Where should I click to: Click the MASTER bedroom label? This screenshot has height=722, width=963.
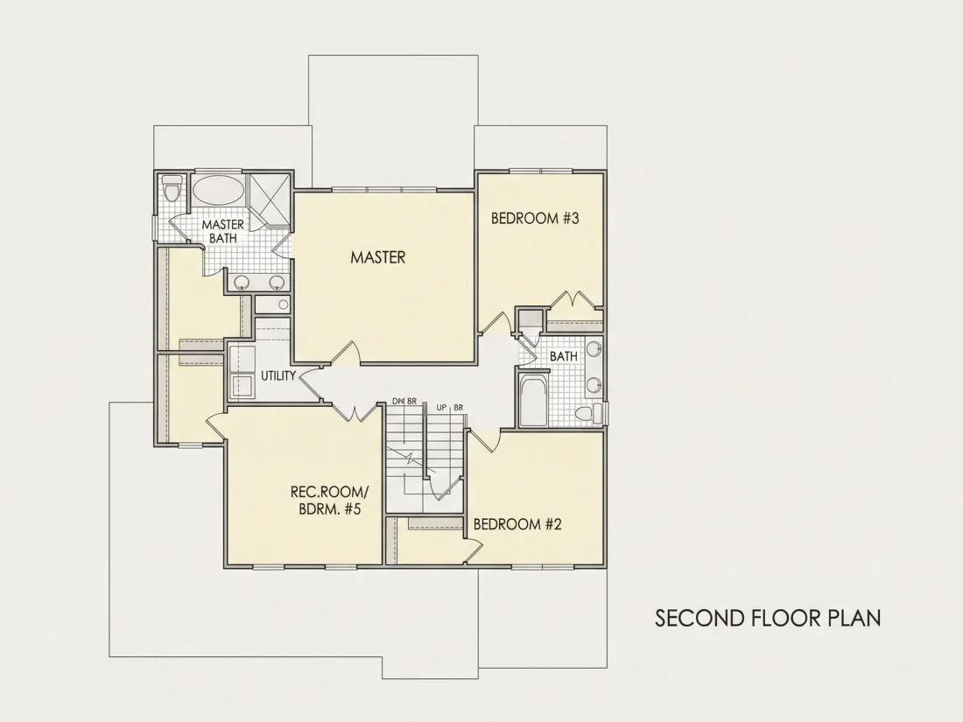[377, 256]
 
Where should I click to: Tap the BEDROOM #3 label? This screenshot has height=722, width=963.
[535, 218]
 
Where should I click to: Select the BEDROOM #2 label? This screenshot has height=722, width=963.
[517, 523]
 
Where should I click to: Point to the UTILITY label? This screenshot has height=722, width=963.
[278, 375]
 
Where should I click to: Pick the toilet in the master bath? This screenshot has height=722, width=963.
[172, 189]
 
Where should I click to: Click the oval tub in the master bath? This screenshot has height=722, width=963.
[218, 190]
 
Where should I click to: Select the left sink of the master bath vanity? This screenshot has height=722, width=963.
[242, 283]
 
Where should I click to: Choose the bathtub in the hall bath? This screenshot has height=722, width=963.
[531, 401]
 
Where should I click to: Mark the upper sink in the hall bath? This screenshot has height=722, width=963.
[593, 349]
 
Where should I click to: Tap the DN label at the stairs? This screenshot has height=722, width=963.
[398, 402]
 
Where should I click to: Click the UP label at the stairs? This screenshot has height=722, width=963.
[441, 408]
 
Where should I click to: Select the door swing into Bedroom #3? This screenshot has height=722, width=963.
[495, 324]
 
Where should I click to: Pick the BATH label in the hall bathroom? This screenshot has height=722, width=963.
[563, 356]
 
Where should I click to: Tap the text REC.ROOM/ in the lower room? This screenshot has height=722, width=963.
[329, 492]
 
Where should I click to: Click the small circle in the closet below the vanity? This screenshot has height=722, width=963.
[283, 304]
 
